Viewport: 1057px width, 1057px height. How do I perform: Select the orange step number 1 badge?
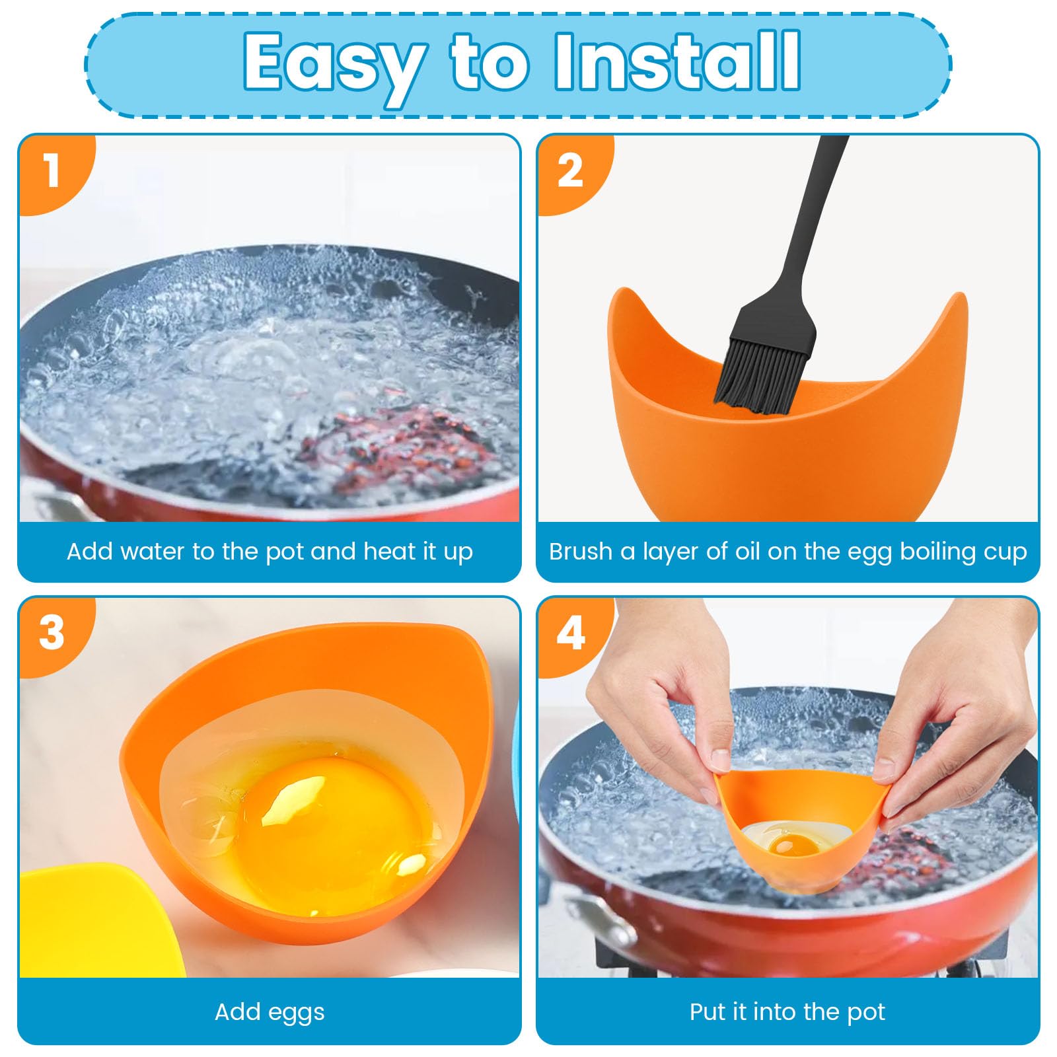click(53, 171)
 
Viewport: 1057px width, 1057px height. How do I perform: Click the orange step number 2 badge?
click(571, 171)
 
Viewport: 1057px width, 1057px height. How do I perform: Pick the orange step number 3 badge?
click(53, 633)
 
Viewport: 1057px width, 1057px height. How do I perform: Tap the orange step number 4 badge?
click(571, 633)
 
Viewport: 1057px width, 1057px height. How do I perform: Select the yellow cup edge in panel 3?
click(99, 918)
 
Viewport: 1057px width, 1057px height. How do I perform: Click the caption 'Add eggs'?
click(270, 1012)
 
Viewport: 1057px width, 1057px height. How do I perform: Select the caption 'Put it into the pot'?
click(787, 1012)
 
